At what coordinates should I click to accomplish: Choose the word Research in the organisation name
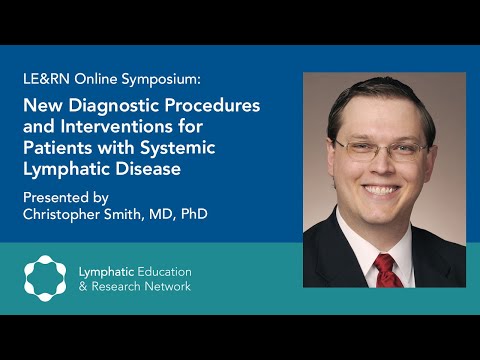(x=125, y=287)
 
